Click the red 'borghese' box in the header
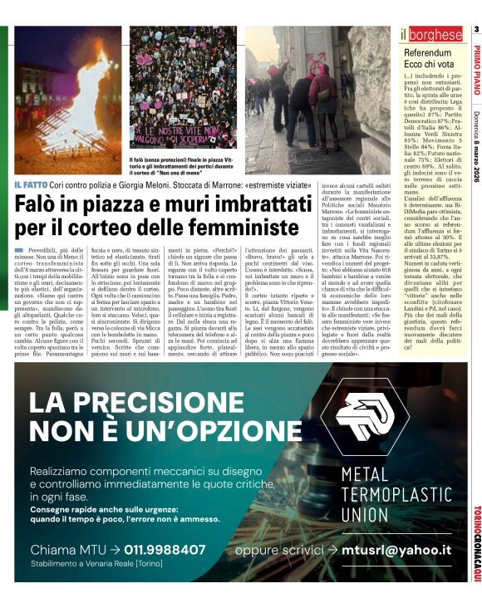point(435,35)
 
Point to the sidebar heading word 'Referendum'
point(431,52)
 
